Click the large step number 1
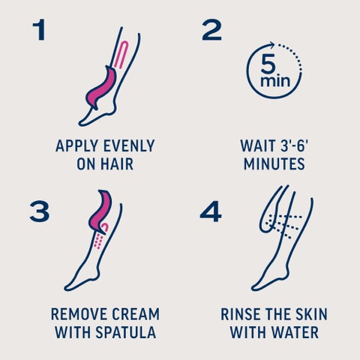click(x=40, y=30)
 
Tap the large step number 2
click(x=211, y=30)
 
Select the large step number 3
click(x=39, y=211)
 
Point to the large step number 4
click(x=211, y=211)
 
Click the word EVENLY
click(x=129, y=146)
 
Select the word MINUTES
click(x=274, y=164)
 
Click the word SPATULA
click(x=126, y=332)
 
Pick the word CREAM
click(x=136, y=314)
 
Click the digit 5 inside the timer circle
click(x=268, y=64)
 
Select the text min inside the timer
click(x=275, y=81)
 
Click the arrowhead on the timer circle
click(x=271, y=45)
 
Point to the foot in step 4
click(x=268, y=279)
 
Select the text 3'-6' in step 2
click(x=294, y=146)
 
